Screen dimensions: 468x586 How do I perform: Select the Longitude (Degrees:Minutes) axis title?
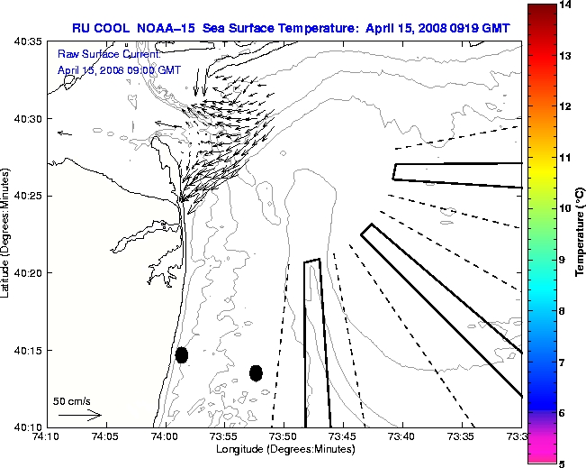283,449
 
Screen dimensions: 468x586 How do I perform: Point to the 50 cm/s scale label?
72,401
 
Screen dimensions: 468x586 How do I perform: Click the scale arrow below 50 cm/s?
79,416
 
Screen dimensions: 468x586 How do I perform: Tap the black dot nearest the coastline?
182,354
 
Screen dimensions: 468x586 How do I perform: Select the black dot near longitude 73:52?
256,372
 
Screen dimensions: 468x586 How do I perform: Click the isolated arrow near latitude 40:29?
65,133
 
